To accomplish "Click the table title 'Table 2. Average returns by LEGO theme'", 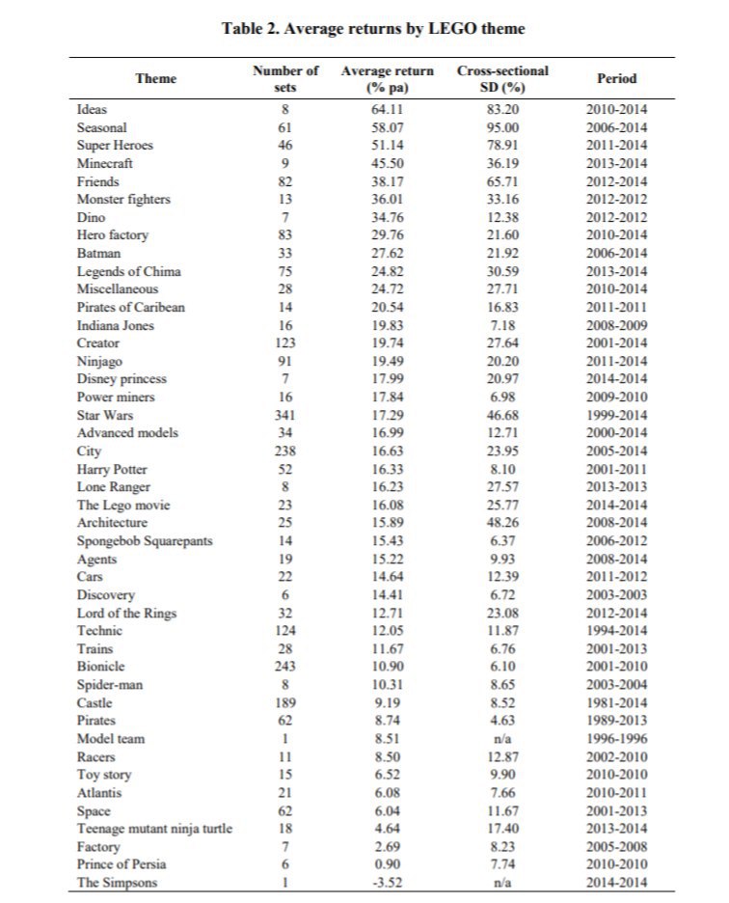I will [x=373, y=28].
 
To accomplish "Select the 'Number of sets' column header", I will [x=284, y=79].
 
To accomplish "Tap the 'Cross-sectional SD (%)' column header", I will [x=502, y=79].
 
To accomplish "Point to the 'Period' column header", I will [x=617, y=79].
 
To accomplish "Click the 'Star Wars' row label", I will [x=101, y=415].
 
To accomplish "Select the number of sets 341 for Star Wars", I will [x=284, y=415].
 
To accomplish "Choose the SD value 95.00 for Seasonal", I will [x=502, y=127].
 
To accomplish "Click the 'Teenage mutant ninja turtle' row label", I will [x=155, y=827].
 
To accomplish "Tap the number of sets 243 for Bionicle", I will [x=284, y=667].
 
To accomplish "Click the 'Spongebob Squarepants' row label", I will [x=146, y=541].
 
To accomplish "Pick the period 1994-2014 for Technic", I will [x=617, y=630].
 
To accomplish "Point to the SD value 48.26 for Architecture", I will [x=502, y=523].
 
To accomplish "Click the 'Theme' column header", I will [x=156, y=79].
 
